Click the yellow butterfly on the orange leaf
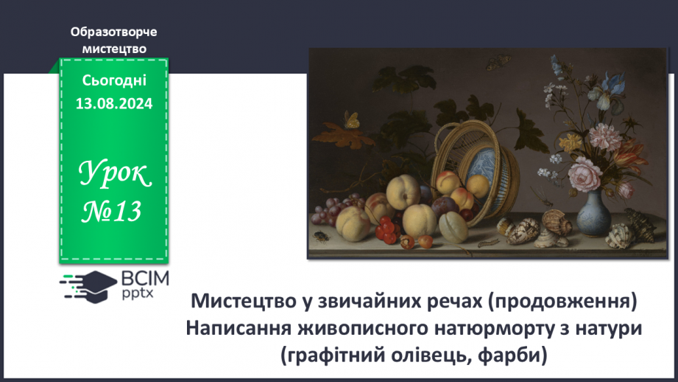click(x=353, y=119)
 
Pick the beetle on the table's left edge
click(x=322, y=237)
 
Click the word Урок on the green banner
click(x=114, y=175)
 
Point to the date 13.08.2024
click(x=113, y=104)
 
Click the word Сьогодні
click(x=114, y=81)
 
